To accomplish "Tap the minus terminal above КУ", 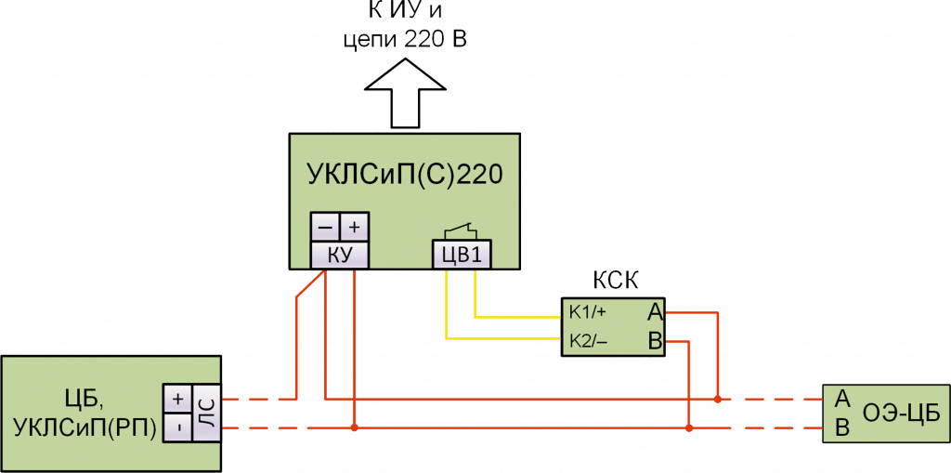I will pos(325,227).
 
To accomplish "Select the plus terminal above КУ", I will pos(354,227).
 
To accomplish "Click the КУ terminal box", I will pos(339,254).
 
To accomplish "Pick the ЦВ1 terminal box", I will pos(461,254).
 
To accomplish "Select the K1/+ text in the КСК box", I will pos(588,311).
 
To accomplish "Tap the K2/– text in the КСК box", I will pos(589,340).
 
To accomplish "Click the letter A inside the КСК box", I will pos(655,311).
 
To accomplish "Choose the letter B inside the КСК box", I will pos(655,341).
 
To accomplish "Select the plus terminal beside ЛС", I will pos(177,400).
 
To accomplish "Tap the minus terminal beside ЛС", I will pos(177,428).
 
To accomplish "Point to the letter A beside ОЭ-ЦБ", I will pos(841,399).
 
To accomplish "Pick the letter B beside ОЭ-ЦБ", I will pos(841,428).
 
